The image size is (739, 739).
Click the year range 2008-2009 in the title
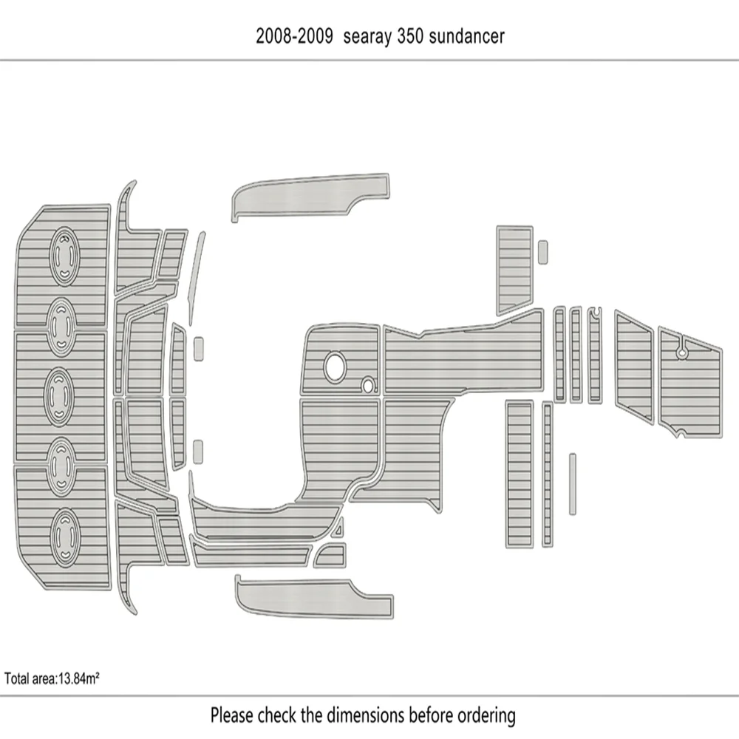click(293, 36)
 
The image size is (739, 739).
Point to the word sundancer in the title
click(469, 36)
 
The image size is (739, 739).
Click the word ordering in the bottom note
click(488, 715)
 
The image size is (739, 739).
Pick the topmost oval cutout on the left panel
click(64, 255)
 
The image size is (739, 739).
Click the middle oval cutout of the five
click(64, 391)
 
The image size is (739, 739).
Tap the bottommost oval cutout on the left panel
click(64, 533)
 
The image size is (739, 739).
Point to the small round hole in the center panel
click(368, 385)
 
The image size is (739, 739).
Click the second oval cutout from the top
click(64, 321)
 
